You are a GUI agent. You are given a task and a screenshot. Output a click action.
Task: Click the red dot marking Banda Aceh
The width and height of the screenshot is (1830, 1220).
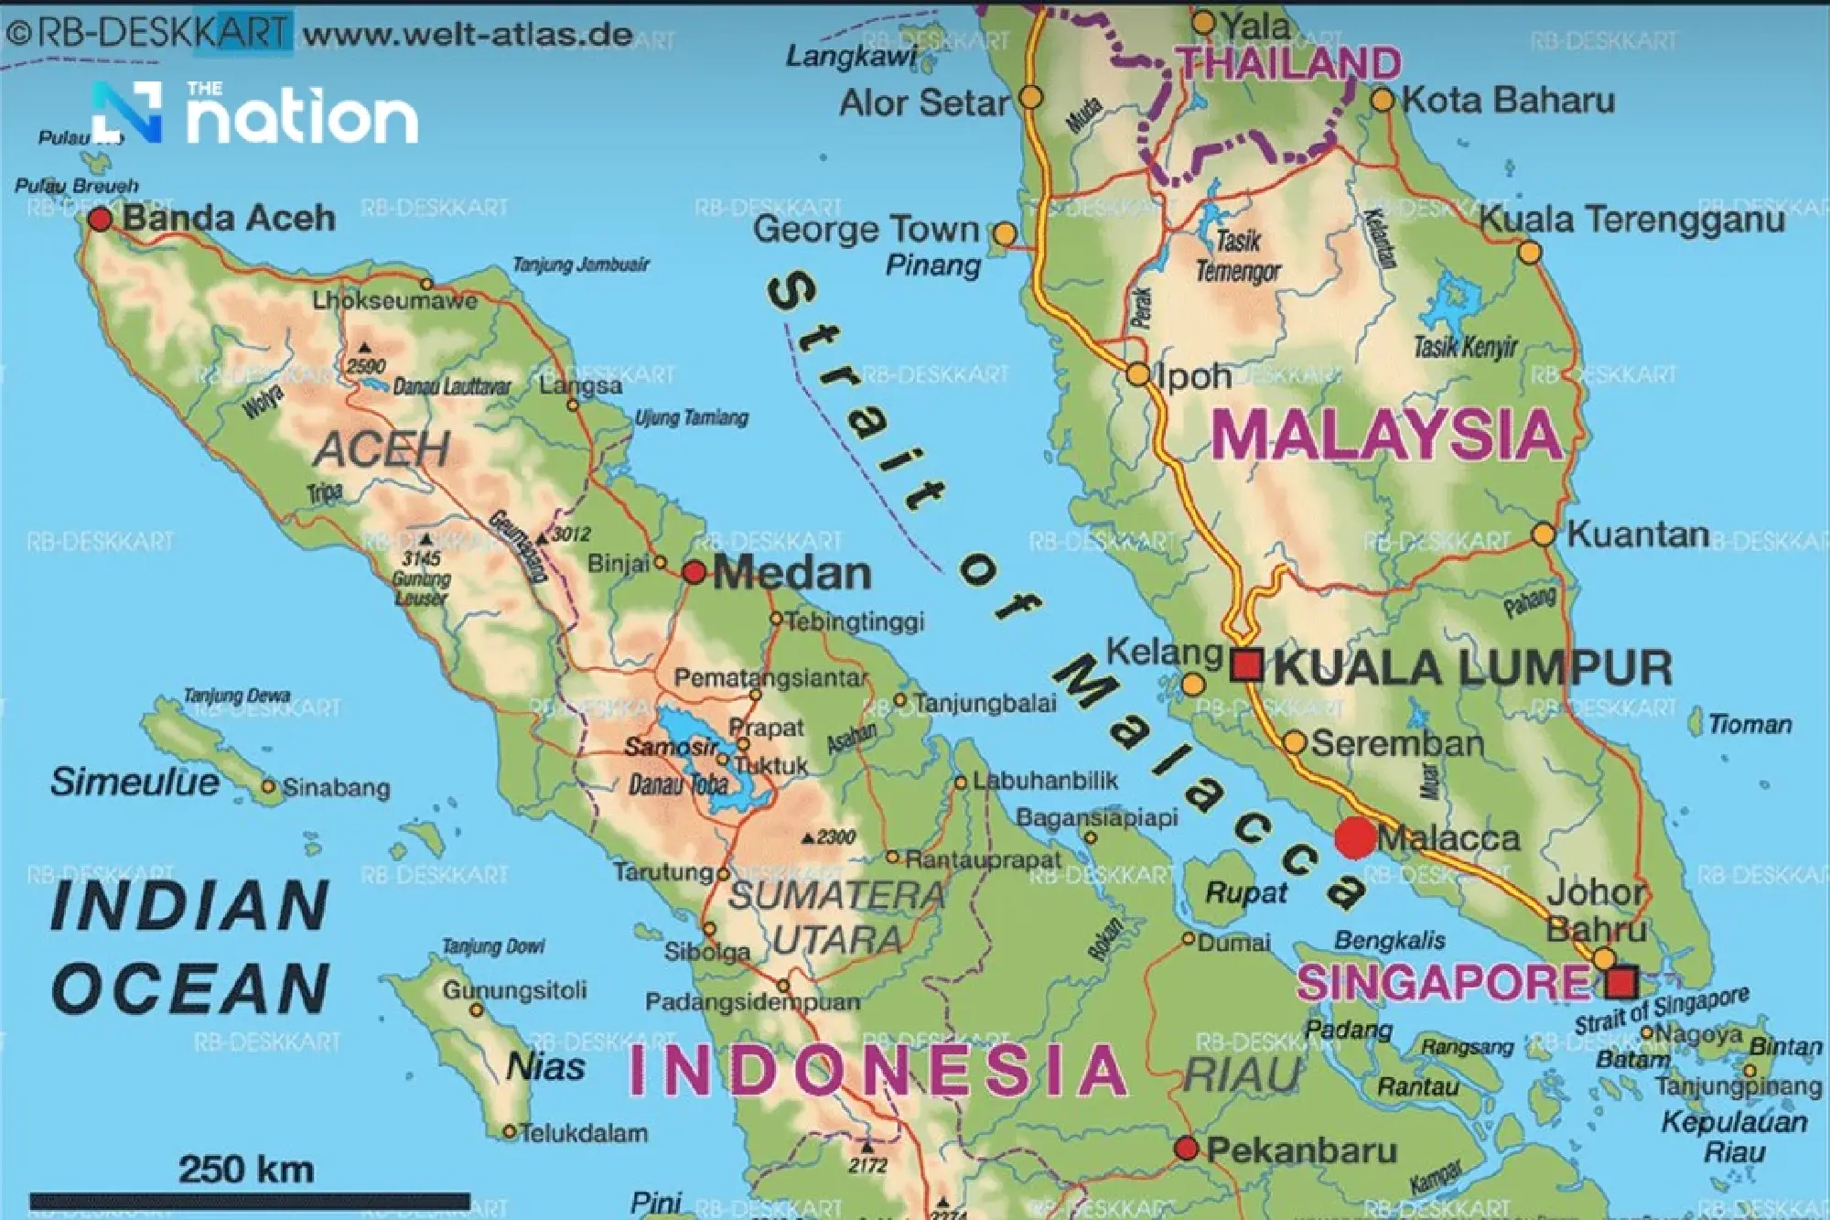pos(100,220)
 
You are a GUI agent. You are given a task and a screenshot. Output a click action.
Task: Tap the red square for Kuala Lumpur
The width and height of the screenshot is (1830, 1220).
pos(1246,665)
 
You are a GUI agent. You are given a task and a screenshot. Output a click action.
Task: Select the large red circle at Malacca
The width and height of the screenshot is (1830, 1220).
pos(1355,837)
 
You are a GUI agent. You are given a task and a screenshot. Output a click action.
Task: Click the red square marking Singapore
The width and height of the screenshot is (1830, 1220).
pos(1621,983)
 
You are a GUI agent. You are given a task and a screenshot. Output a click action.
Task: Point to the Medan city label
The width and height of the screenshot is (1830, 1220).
pos(791,574)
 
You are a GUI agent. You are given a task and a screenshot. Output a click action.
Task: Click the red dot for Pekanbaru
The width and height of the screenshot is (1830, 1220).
pos(1187,1148)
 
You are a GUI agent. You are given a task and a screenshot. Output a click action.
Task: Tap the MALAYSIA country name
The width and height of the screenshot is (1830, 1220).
pos(1386,435)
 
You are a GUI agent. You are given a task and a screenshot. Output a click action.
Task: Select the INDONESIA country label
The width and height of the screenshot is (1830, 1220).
pos(878,1070)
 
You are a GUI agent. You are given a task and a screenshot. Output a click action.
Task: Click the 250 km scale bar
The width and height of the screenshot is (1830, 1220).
pos(250,1200)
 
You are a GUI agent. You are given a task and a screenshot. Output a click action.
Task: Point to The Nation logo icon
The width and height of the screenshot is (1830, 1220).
pos(128,113)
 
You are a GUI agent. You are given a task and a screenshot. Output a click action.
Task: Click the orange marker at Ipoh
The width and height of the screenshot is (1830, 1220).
pos(1138,374)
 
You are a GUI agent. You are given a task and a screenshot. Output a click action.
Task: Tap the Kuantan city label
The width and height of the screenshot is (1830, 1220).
pos(1638,534)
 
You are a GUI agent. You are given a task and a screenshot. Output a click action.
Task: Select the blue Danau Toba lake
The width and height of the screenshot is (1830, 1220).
pos(705,755)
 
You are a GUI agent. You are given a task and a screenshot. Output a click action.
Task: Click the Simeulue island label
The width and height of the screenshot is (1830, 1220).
pos(135,783)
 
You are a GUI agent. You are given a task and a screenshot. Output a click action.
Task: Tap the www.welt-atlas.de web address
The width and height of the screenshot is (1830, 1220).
pos(468,36)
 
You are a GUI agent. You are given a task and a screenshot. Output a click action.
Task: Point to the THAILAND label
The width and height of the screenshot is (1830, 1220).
pos(1288,63)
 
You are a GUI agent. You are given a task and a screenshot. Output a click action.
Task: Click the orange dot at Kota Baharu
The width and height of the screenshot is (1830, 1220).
pos(1383,100)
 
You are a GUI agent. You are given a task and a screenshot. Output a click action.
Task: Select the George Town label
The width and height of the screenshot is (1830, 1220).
pos(866,229)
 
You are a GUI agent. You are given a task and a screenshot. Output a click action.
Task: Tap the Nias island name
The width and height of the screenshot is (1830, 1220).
pos(545,1067)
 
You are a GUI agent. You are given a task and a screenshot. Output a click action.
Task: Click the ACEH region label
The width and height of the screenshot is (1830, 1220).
pos(382,449)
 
